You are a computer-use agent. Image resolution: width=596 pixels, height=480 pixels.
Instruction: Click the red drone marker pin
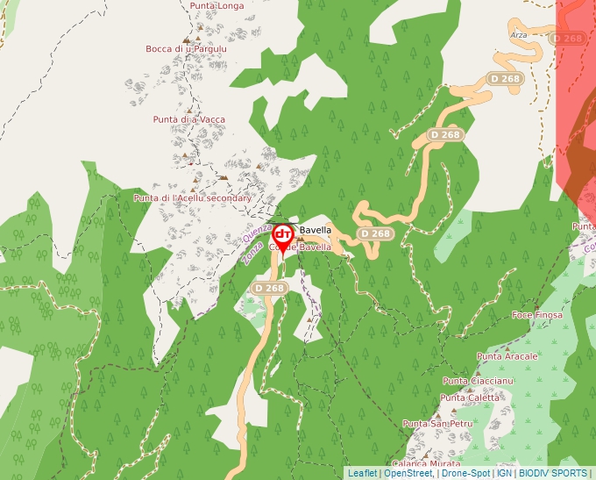282,235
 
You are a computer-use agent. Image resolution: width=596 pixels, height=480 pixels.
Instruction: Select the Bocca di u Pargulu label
187,49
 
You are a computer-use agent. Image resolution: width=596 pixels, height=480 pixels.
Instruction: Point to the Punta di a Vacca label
188,119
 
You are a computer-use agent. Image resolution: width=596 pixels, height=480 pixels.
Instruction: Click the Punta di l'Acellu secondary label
192,198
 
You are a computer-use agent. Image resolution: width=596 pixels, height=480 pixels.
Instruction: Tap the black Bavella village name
316,231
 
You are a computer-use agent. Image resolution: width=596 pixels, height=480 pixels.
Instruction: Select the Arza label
519,34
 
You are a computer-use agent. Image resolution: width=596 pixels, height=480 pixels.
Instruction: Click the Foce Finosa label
536,314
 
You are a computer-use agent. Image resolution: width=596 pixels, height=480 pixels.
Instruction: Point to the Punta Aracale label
507,357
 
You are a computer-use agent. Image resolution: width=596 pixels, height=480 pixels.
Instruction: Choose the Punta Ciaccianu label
478,381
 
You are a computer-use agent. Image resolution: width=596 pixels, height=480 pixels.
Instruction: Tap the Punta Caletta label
470,398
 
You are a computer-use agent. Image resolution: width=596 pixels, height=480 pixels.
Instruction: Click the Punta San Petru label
437,425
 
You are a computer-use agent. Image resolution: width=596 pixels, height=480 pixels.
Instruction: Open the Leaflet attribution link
362,473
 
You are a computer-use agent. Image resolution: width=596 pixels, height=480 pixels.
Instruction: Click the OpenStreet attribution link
408,473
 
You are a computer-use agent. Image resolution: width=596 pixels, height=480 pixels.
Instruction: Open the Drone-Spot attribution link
465,473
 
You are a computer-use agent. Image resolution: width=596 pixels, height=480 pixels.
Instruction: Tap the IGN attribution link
504,473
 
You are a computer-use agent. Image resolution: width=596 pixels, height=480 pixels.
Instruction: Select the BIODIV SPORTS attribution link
552,473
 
